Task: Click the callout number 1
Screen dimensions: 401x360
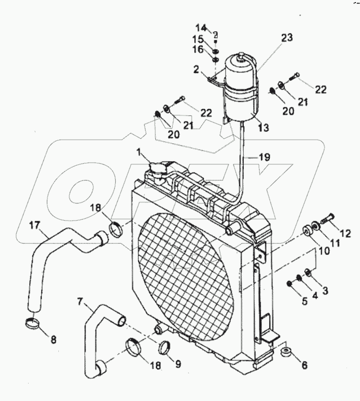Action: coord(139,153)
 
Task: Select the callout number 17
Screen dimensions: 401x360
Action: coord(34,226)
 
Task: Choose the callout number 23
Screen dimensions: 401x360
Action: coord(287,38)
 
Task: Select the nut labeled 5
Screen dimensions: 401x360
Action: coord(289,283)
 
